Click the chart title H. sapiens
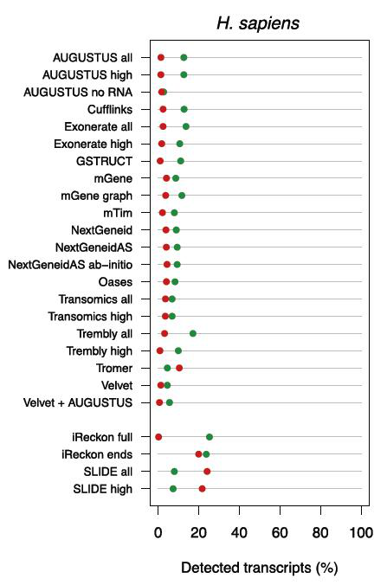[258, 23]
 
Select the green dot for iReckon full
[210, 437]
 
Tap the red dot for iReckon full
[158, 437]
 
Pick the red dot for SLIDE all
[207, 472]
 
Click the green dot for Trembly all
[193, 333]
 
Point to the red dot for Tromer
[179, 369]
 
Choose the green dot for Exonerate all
[186, 126]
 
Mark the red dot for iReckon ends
[198, 454]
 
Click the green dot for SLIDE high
[173, 489]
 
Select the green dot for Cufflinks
[184, 109]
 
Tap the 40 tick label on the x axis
[239, 533]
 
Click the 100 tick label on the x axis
[361, 533]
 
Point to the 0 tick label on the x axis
[158, 533]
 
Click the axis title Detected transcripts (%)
[260, 568]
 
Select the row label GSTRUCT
[104, 161]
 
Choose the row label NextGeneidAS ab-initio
[70, 265]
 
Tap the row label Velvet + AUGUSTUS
[78, 403]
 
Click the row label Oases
[115, 282]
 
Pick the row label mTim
[118, 213]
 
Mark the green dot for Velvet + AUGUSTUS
[170, 402]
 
